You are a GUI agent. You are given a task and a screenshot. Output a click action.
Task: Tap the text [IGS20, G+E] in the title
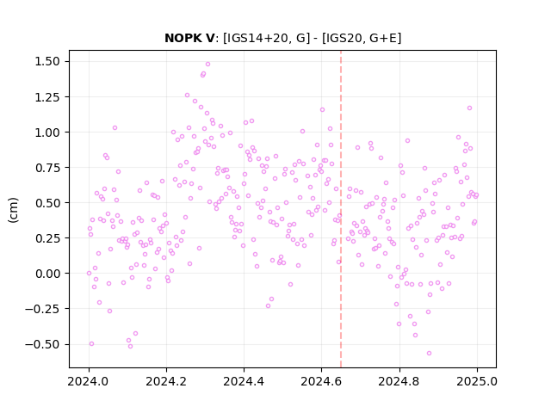point(362,38)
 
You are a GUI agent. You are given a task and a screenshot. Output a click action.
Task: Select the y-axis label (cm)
point(13,210)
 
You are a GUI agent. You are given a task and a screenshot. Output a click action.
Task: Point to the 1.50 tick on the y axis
point(47,61)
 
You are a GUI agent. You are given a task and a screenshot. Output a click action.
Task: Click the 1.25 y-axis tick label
point(47,97)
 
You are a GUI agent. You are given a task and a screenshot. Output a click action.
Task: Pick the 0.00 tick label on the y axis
point(47,274)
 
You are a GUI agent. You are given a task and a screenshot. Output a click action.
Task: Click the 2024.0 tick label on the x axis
point(89,381)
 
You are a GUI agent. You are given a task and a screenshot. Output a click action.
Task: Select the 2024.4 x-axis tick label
point(244,381)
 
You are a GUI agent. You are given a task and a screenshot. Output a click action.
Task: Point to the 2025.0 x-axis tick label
point(477,381)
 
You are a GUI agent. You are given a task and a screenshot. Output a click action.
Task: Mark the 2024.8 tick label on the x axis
point(399,381)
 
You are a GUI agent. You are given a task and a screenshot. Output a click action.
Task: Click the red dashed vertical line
point(341,209)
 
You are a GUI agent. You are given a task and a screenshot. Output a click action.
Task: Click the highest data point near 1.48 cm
point(207,64)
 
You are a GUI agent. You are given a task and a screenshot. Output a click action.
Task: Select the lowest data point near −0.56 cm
point(429,353)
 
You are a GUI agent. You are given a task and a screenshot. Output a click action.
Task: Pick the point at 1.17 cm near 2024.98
point(469,108)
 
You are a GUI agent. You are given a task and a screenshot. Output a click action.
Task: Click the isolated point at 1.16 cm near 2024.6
point(322,109)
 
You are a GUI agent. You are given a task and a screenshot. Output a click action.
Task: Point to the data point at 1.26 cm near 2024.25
point(187,95)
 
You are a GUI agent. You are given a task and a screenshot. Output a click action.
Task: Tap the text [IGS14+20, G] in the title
point(267,38)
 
